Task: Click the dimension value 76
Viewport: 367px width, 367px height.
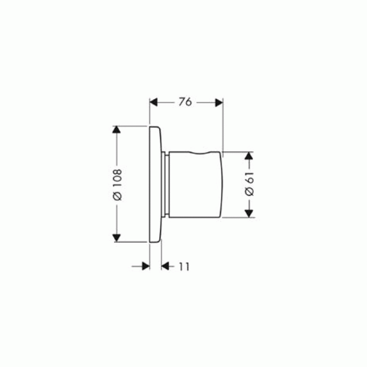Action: pyautogui.click(x=185, y=102)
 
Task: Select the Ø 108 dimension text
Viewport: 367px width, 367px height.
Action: pyautogui.click(x=117, y=185)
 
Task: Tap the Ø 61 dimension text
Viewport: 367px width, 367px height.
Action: pyautogui.click(x=249, y=184)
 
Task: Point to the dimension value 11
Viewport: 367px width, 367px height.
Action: pyautogui.click(x=184, y=267)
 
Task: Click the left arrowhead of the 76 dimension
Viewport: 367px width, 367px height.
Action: pyautogui.click(x=153, y=102)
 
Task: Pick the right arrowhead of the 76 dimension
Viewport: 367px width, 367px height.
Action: pyautogui.click(x=219, y=102)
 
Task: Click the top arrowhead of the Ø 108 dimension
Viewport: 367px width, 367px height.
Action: pyautogui.click(x=117, y=130)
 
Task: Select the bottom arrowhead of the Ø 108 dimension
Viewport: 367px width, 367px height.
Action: pyautogui.click(x=117, y=238)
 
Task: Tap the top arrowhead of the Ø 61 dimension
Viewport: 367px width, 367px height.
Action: pyautogui.click(x=249, y=156)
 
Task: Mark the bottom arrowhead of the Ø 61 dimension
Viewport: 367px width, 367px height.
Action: pyautogui.click(x=249, y=213)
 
